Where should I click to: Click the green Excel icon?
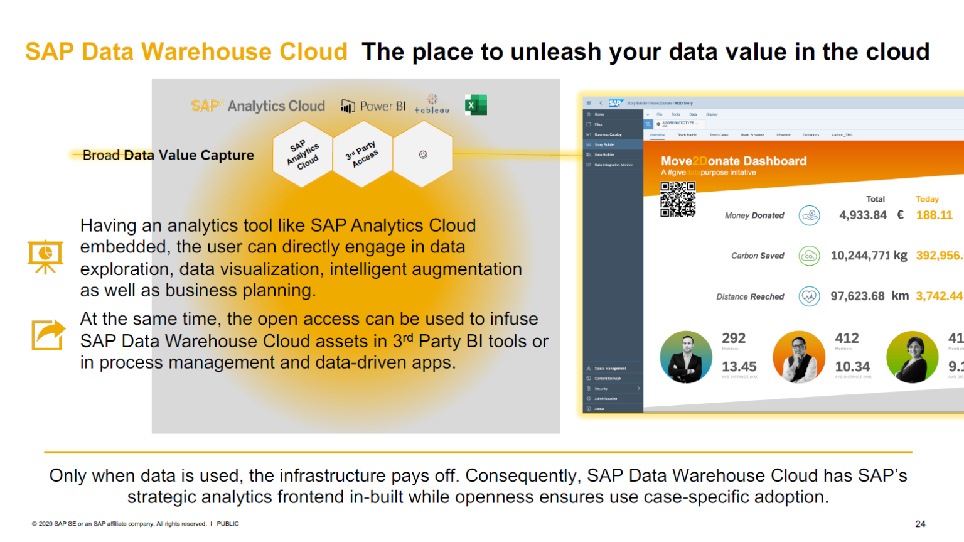point(476,105)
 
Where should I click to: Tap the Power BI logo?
point(373,106)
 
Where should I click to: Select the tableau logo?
point(432,105)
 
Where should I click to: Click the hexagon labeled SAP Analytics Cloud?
point(303,154)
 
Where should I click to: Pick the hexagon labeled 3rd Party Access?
point(362,154)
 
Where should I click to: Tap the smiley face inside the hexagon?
point(423,154)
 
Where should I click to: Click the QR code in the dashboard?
point(678,199)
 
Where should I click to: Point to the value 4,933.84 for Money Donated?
point(863,215)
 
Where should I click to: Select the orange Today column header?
point(927,199)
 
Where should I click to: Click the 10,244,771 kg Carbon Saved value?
point(869,256)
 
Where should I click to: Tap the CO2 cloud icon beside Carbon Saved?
point(809,256)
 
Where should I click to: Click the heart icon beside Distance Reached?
point(809,296)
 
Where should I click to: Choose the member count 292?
point(734,339)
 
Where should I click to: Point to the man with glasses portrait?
point(799,357)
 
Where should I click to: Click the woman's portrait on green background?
point(912,357)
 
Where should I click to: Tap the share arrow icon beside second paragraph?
point(48,335)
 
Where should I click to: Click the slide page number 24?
point(920,524)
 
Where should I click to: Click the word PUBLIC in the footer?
point(228,524)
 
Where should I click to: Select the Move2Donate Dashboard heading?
point(734,161)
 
